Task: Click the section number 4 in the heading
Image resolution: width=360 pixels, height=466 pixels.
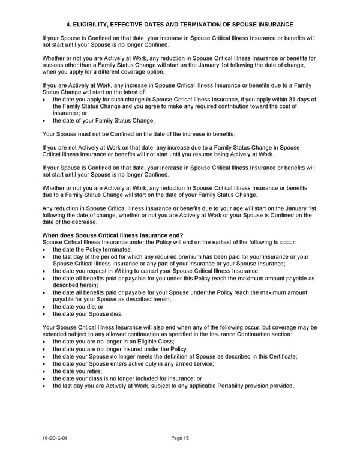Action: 68,25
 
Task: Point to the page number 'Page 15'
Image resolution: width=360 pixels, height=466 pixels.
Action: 180,438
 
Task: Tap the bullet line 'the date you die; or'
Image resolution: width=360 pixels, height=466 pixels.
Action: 82,306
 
